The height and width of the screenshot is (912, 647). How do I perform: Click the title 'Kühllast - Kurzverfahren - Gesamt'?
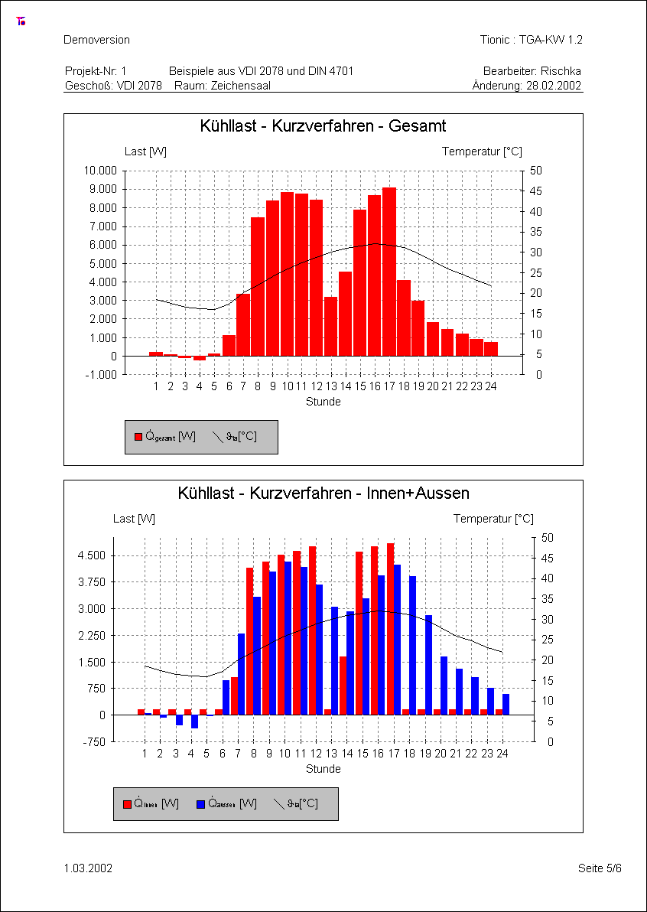pos(323,125)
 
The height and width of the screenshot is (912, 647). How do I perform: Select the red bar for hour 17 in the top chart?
pos(389,272)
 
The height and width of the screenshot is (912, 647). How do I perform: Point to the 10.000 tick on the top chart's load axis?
pos(100,170)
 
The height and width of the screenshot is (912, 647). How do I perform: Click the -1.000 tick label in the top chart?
pos(102,375)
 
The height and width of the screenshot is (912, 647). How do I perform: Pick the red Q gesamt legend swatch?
pos(138,437)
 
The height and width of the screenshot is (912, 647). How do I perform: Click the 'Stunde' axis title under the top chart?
pos(323,402)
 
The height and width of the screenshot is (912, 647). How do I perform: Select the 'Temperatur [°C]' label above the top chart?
pos(482,151)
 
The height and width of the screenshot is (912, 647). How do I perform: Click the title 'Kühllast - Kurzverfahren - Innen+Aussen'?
pos(323,493)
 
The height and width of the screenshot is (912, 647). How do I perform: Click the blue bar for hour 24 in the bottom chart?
pos(506,704)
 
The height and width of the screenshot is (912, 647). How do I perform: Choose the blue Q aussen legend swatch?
pos(201,804)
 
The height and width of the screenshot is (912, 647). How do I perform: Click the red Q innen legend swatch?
pos(127,804)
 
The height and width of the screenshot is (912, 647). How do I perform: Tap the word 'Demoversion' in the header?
pos(96,40)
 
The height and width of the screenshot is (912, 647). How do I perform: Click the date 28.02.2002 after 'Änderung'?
pos(554,86)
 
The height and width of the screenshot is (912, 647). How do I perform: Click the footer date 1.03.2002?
pos(89,868)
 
